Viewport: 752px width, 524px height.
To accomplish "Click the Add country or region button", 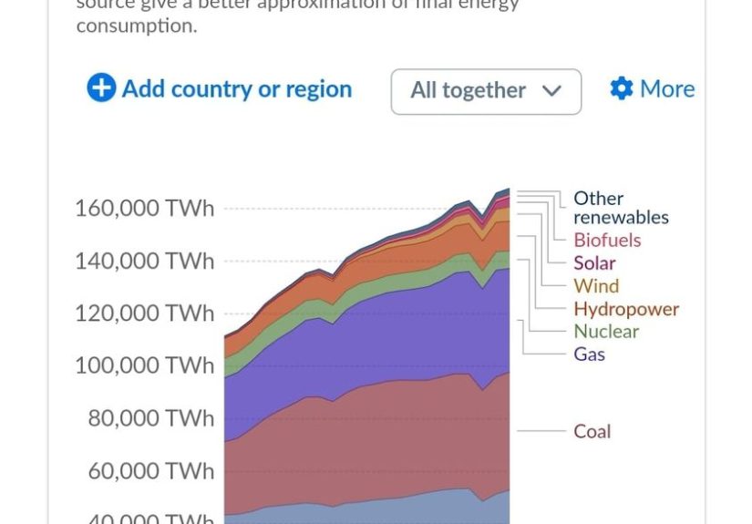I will (x=220, y=89).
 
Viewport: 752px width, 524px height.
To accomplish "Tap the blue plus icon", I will (x=101, y=88).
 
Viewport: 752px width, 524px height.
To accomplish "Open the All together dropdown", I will (x=485, y=91).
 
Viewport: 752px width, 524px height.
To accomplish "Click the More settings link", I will (x=653, y=89).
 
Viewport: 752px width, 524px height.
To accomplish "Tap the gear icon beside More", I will (x=622, y=89).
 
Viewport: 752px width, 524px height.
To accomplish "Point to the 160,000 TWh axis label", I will (x=144, y=209).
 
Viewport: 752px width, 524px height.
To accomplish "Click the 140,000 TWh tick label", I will (x=144, y=262).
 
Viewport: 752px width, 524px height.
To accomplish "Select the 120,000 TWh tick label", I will (x=144, y=313).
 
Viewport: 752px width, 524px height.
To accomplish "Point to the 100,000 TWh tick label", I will (x=144, y=365).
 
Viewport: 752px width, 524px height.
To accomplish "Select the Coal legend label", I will (x=592, y=432).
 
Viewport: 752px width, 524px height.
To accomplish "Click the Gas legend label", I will (x=589, y=354).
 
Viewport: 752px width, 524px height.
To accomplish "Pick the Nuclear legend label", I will (x=606, y=332).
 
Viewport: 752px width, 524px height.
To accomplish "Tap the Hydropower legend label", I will (x=626, y=309).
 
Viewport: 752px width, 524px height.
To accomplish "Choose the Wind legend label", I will (x=596, y=286).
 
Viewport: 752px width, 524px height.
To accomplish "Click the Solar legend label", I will (x=594, y=263).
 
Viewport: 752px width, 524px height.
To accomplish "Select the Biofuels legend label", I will (x=607, y=241).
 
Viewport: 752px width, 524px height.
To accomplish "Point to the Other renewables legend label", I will (x=620, y=208).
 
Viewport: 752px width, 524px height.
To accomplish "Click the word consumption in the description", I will (x=136, y=26).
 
